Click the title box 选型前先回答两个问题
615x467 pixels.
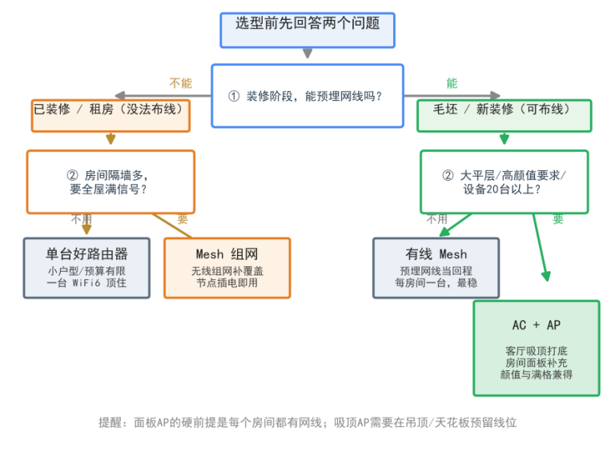click(307, 30)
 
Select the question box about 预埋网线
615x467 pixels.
click(307, 96)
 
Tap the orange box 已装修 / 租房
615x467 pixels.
click(111, 116)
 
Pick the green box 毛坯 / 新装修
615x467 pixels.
click(504, 116)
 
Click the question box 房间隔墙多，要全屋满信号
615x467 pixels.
click(111, 182)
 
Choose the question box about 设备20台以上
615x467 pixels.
click(504, 182)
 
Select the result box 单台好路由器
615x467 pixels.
click(86, 268)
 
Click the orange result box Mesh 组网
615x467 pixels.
click(227, 268)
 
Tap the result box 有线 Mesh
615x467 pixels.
click(436, 268)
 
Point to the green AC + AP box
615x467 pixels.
click(537, 349)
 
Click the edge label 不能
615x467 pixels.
click(180, 83)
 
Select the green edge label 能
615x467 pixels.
click(452, 83)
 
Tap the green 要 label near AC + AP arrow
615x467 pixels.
click(558, 218)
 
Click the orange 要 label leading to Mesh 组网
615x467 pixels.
click(183, 218)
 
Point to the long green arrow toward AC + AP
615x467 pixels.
click(541, 248)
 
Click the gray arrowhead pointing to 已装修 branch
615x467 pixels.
click(120, 95)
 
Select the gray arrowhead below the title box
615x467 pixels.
click(307, 54)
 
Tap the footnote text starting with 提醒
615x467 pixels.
click(307, 422)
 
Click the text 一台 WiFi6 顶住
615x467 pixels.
click(86, 283)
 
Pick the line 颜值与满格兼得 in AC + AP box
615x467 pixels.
click(537, 374)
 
